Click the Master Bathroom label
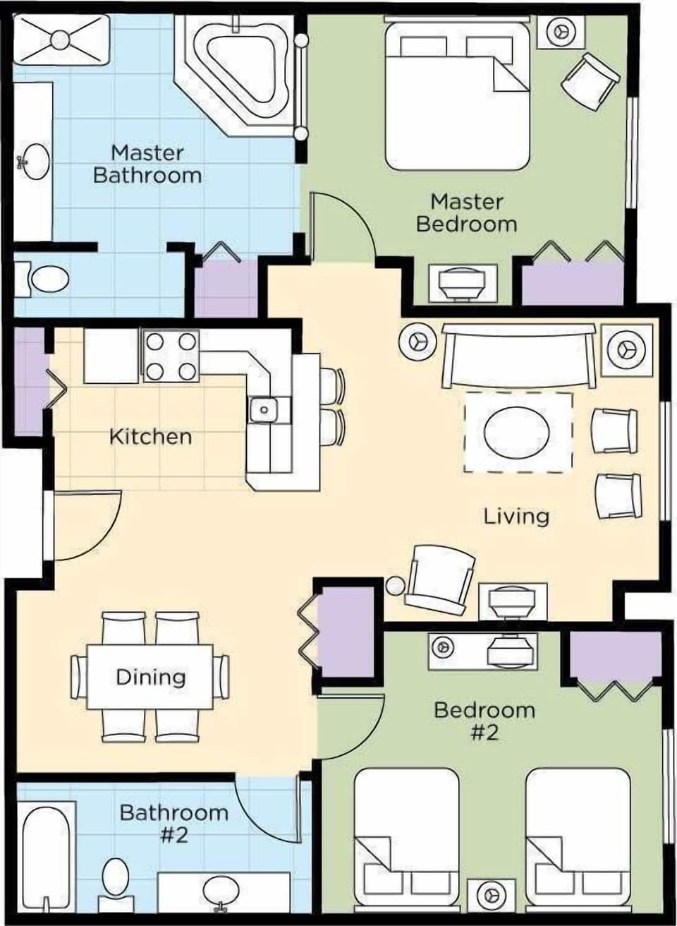(147, 164)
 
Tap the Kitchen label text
(150, 436)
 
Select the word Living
(516, 516)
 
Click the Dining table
(150, 677)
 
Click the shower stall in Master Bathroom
(61, 35)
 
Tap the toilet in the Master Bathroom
(47, 279)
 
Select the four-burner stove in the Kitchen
(171, 356)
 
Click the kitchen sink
(264, 409)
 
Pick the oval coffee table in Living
(518, 432)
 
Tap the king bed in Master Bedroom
(457, 95)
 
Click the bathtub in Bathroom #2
(45, 855)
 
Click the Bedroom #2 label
(484, 720)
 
